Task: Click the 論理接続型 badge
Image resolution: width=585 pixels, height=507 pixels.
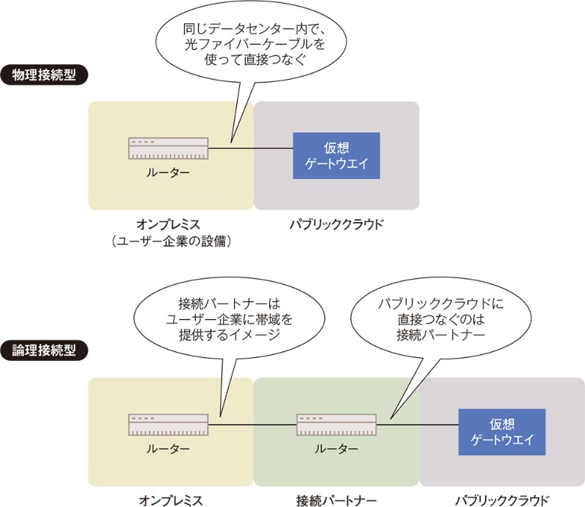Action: [44, 350]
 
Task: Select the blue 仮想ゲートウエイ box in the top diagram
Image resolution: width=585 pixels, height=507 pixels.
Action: [336, 156]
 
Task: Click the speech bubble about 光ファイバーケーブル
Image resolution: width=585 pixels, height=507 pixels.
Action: [238, 44]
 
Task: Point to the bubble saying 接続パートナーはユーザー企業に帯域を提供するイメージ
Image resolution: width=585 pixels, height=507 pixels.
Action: [219, 321]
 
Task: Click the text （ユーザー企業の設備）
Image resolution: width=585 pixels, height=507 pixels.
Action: [168, 241]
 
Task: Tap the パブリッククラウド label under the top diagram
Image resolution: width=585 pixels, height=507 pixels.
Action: [336, 224]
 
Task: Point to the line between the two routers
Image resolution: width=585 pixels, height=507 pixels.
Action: [252, 424]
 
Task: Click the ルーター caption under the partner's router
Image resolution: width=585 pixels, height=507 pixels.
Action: [336, 448]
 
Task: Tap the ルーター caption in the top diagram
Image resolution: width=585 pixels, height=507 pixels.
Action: [168, 172]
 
